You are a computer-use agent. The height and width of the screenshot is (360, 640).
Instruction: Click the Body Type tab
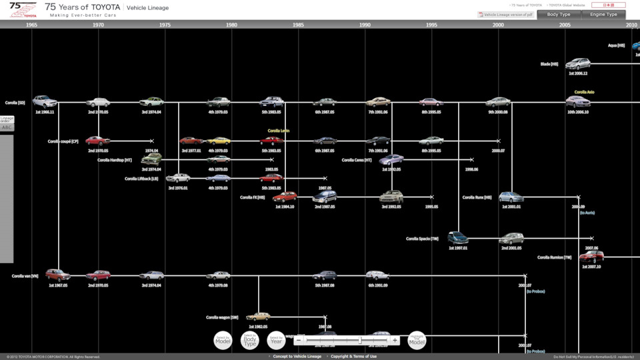tap(558, 14)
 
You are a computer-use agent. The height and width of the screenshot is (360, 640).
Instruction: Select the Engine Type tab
tap(603, 14)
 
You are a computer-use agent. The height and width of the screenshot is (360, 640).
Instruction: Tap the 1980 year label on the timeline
tap(231, 25)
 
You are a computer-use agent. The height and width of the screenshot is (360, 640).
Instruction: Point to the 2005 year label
tap(565, 25)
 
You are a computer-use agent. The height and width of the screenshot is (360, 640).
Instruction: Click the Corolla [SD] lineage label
tap(15, 103)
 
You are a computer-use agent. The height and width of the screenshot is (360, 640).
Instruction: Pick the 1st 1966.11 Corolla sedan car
tap(45, 102)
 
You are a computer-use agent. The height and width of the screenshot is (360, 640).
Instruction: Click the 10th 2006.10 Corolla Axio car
tap(577, 102)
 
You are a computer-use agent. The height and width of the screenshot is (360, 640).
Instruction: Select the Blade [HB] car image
tap(577, 64)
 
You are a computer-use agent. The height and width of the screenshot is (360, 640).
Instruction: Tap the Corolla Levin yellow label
tap(278, 131)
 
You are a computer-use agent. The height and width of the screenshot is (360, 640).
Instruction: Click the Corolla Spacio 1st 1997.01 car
tap(458, 238)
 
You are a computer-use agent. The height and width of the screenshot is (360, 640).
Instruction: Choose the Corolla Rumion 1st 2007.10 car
tap(591, 257)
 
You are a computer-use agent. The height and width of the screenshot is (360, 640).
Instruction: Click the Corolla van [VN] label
tap(25, 275)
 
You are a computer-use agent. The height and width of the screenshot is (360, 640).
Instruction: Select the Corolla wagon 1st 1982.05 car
tap(257, 317)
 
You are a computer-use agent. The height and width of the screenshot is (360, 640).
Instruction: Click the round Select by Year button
tap(276, 340)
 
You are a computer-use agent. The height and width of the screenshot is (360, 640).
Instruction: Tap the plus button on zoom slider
tap(395, 340)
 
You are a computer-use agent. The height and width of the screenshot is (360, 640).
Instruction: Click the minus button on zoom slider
tap(298, 340)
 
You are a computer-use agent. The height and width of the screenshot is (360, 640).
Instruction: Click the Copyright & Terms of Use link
tap(353, 357)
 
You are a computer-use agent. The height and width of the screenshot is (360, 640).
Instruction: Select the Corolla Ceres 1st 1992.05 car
tap(391, 160)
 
